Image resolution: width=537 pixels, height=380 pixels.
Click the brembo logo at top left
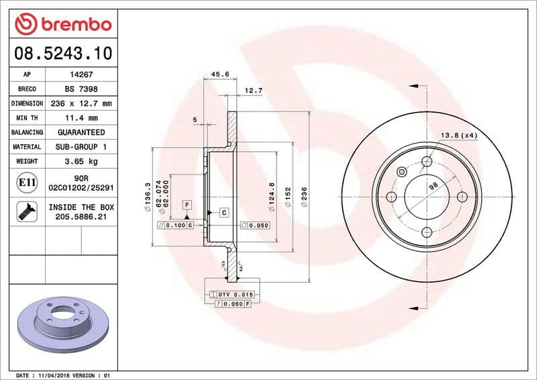pyautogui.click(x=62, y=25)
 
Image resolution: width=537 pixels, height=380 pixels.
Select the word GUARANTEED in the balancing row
pyautogui.click(x=81, y=132)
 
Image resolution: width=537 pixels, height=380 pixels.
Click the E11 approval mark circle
pyautogui.click(x=27, y=182)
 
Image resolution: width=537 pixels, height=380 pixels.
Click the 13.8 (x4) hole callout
pyautogui.click(x=458, y=136)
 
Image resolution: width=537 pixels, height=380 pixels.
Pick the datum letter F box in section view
pyautogui.click(x=187, y=203)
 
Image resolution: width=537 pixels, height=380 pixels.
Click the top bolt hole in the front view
pyautogui.click(x=427, y=161)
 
